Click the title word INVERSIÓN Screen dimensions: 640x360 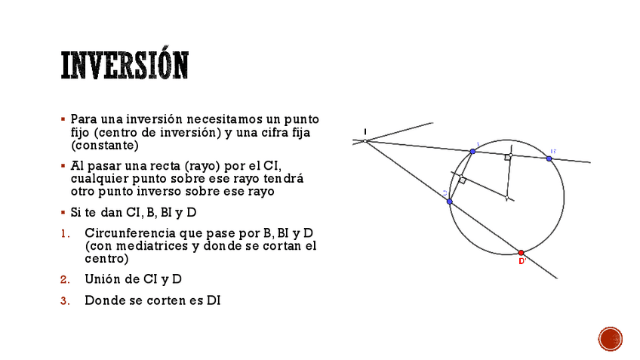click(125, 66)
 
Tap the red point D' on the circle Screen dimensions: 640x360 click(521, 253)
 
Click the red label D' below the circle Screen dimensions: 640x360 click(522, 262)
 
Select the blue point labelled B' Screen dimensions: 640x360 click(549, 158)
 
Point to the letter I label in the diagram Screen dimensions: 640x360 click(365, 131)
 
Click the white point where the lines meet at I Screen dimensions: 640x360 click(365, 141)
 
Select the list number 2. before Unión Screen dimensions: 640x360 click(65, 279)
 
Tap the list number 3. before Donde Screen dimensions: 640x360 click(65, 300)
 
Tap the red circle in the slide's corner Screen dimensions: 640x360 click(610, 339)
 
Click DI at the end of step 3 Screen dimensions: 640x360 click(214, 300)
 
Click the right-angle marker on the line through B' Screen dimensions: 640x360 click(508, 158)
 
